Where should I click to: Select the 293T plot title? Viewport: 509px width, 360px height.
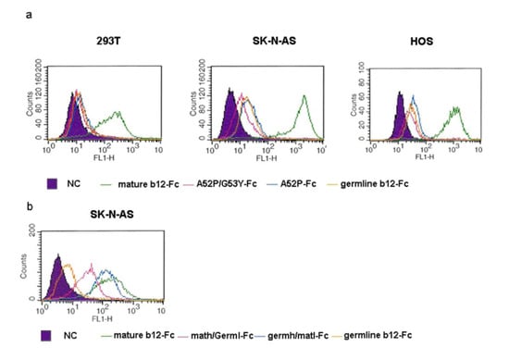(x=87, y=43)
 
